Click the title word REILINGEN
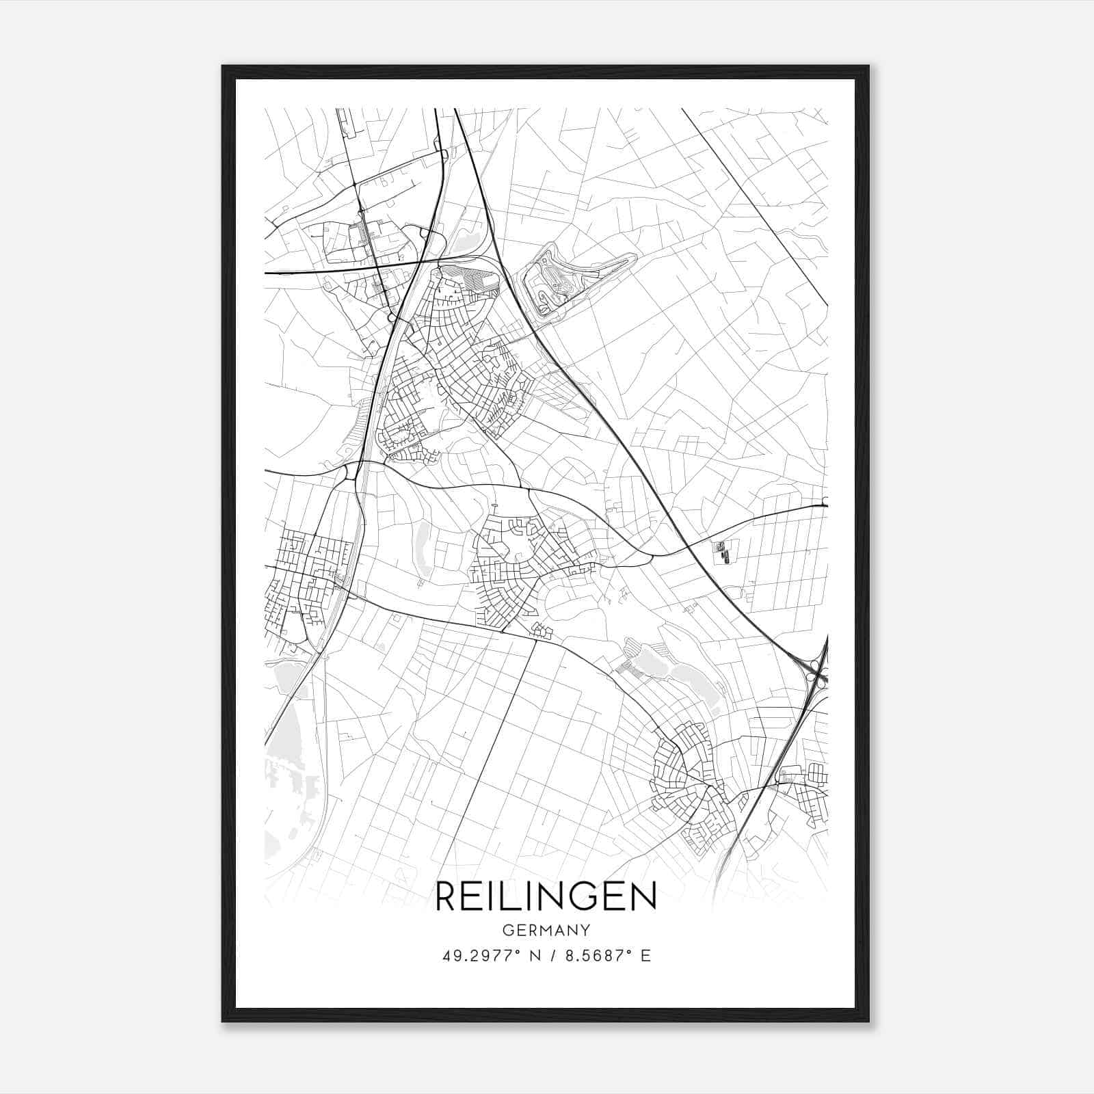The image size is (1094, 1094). click(546, 896)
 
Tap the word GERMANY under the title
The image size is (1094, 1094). click(546, 931)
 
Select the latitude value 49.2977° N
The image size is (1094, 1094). click(486, 956)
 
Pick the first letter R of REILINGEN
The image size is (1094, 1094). click(445, 896)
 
